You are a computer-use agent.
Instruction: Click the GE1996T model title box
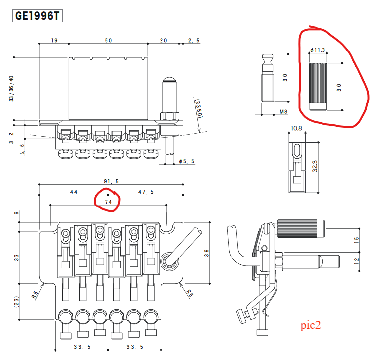click(x=38, y=16)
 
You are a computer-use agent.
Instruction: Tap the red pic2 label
click(x=310, y=325)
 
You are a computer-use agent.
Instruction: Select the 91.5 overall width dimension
click(x=111, y=181)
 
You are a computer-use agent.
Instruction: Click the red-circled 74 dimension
click(x=108, y=202)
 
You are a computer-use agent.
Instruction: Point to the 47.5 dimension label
click(x=146, y=192)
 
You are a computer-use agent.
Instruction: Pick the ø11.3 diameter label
click(x=318, y=50)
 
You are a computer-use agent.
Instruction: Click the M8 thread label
click(x=283, y=112)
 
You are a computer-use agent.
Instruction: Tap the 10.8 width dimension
click(x=296, y=128)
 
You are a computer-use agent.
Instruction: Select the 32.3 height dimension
click(x=315, y=166)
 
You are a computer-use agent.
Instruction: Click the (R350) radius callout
click(x=199, y=108)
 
